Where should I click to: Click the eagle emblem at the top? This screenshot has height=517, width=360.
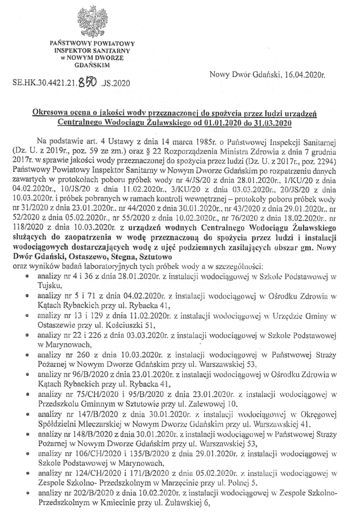92,21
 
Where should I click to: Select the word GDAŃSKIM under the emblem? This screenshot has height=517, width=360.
92,65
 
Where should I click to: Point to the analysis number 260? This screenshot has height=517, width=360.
83,354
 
